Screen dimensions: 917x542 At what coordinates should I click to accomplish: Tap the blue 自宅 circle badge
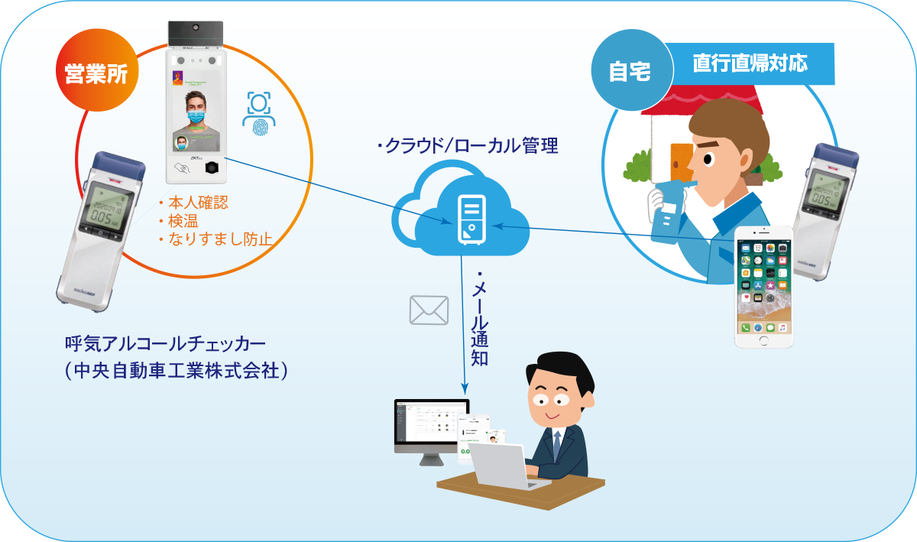pos(629,70)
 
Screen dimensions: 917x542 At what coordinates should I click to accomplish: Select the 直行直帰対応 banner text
pos(750,63)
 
